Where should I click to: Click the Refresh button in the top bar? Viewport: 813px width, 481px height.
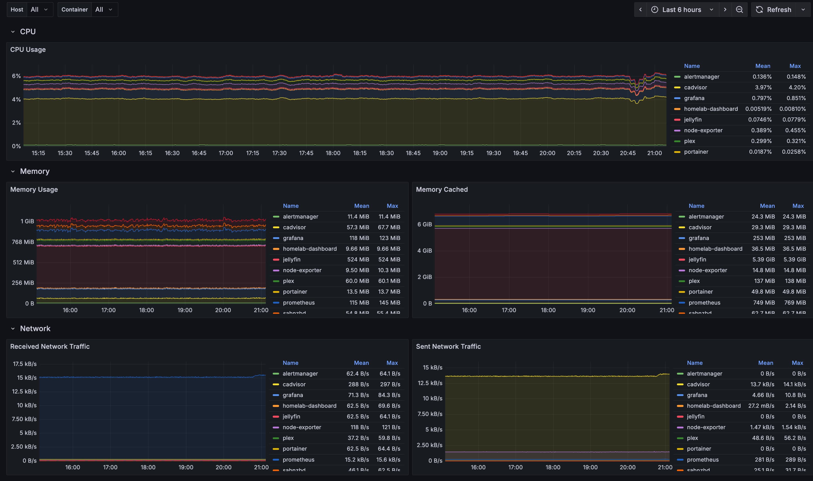tap(775, 10)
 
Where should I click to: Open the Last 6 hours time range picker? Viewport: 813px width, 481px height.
tap(682, 10)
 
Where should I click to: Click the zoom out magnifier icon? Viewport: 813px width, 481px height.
tap(739, 10)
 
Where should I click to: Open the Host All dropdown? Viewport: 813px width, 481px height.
tap(39, 10)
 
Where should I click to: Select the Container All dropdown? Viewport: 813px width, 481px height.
tap(103, 10)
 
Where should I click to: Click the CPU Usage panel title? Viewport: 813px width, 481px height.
tap(28, 50)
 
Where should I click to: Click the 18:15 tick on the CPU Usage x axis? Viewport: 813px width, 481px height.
tap(360, 153)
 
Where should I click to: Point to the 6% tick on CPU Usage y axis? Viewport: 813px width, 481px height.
tap(16, 76)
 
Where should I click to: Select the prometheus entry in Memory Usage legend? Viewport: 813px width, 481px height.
tap(298, 302)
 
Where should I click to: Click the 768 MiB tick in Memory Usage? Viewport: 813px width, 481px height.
tap(23, 242)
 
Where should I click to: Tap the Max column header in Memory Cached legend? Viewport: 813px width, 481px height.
tap(798, 206)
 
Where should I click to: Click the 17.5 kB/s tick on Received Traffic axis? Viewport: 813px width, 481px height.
tap(25, 364)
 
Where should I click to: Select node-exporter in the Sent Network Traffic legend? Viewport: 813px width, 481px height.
tap(706, 427)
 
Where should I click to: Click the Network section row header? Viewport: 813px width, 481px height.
tap(35, 328)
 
